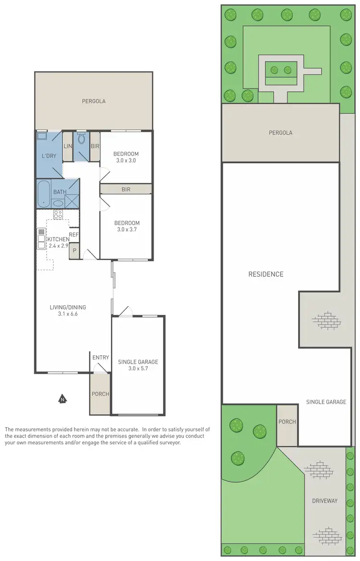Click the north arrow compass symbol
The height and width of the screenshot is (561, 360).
pos(62,398)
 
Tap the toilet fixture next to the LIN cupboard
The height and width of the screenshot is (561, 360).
pos(81,140)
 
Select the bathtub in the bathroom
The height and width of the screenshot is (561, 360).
pos(44,193)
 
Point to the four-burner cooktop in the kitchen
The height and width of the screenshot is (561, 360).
pos(58,215)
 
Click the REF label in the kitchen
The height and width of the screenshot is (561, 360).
pos(73,234)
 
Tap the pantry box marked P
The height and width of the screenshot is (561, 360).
pos(74,250)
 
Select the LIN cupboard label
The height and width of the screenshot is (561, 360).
pos(68,146)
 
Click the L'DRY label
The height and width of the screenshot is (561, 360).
pos(49,156)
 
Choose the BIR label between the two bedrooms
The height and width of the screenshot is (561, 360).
pos(126,190)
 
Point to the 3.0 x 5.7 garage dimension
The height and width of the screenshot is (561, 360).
pos(138,369)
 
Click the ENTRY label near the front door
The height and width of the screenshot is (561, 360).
pos(101,358)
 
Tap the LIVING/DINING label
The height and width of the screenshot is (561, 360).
pos(68,307)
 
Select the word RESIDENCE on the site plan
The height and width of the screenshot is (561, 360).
pos(265,275)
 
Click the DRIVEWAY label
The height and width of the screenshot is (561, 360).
pos(324,501)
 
